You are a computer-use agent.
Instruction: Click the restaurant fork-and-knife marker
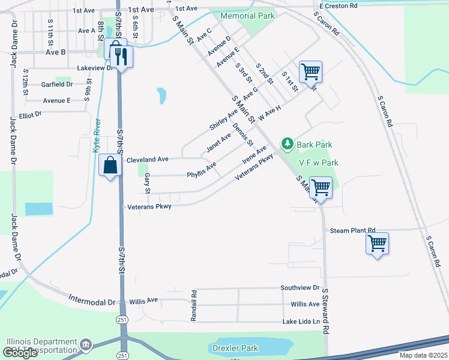122,56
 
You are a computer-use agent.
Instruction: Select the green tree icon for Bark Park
288,144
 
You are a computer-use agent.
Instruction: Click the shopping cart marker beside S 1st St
310,72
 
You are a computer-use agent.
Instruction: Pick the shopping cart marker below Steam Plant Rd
378,243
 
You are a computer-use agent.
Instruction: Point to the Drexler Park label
235,348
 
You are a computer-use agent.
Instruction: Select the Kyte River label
98,136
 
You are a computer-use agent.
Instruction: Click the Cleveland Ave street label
147,160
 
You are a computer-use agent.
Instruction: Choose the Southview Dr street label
304,288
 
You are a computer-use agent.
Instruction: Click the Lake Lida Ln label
301,323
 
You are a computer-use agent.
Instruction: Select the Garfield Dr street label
57,85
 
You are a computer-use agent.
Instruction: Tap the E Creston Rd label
338,5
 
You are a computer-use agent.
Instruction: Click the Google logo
20,353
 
